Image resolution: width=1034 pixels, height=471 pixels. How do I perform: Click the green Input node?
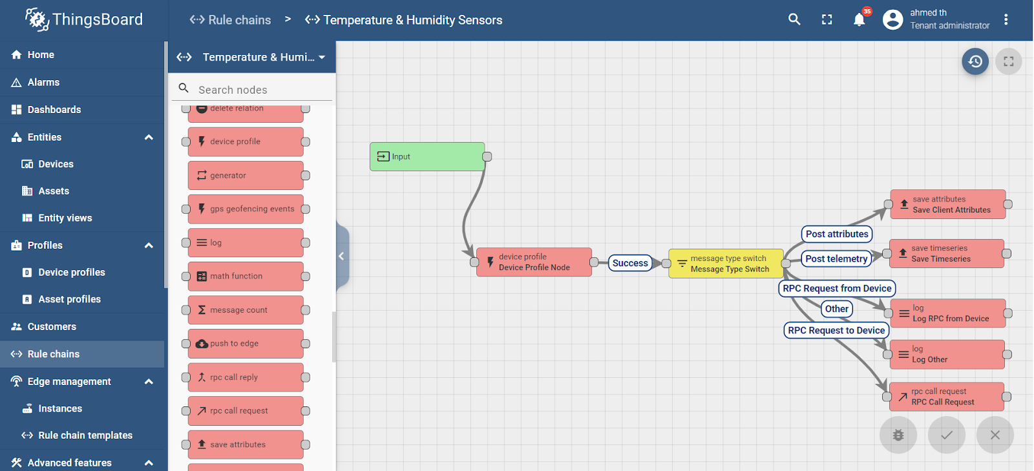click(427, 156)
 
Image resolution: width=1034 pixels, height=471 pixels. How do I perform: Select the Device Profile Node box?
click(534, 262)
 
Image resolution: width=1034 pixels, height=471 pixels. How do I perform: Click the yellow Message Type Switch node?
click(726, 264)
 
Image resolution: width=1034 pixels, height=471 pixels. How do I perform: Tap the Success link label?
click(630, 263)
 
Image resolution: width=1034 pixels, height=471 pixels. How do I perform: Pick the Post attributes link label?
click(837, 234)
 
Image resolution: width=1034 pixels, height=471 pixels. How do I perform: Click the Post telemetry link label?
click(836, 259)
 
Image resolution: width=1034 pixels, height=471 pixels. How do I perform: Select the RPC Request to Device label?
click(836, 330)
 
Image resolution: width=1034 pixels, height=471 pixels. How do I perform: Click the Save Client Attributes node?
click(948, 204)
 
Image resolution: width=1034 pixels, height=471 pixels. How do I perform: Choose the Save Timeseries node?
click(947, 253)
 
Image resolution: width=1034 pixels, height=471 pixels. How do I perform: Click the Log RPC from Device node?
click(947, 313)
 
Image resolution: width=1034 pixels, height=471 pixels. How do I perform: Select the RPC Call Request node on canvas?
click(947, 397)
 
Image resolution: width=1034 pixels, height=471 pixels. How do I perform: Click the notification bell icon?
click(859, 20)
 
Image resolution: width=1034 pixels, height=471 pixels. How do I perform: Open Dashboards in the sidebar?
click(54, 110)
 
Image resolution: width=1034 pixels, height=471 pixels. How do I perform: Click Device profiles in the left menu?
click(71, 273)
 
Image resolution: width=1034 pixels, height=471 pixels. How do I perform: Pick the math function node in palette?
click(246, 277)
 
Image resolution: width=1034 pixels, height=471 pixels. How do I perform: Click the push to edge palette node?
click(246, 344)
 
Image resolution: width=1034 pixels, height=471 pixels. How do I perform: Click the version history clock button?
click(975, 61)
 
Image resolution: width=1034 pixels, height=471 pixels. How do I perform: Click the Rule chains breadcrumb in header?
click(231, 20)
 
